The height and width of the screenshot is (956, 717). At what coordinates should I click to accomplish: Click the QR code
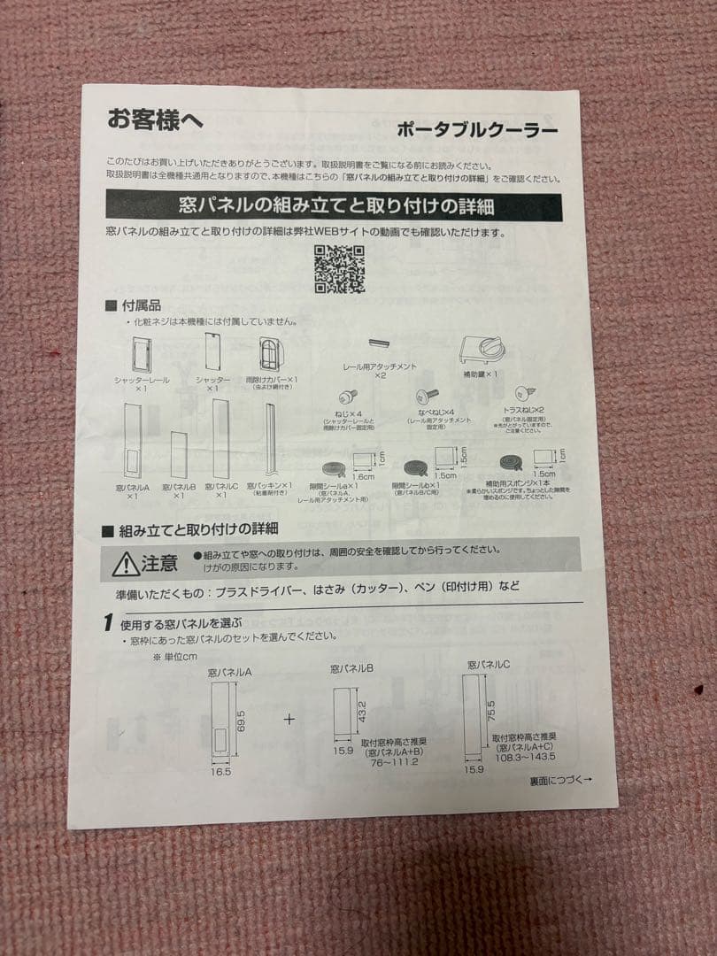pyautogui.click(x=339, y=269)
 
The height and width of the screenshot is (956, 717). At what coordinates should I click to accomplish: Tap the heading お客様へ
pyautogui.click(x=155, y=119)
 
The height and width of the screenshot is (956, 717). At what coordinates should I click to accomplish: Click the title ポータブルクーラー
pyautogui.click(x=477, y=130)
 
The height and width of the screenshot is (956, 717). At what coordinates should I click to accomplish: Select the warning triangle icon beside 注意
pyautogui.click(x=126, y=563)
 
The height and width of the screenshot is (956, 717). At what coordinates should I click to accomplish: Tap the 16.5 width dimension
pyautogui.click(x=220, y=772)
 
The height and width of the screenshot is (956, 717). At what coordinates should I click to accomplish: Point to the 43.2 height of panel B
pyautogui.click(x=361, y=710)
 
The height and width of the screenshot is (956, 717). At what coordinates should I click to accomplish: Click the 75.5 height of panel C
pyautogui.click(x=490, y=711)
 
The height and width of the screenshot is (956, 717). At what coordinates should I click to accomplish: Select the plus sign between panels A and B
pyautogui.click(x=289, y=719)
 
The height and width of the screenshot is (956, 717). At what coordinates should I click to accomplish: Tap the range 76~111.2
pyautogui.click(x=394, y=761)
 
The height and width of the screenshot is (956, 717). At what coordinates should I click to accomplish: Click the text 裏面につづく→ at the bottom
pyautogui.click(x=560, y=780)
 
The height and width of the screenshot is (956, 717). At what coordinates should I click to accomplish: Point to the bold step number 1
pyautogui.click(x=107, y=622)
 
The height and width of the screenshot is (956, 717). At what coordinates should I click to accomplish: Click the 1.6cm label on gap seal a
pyautogui.click(x=364, y=476)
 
